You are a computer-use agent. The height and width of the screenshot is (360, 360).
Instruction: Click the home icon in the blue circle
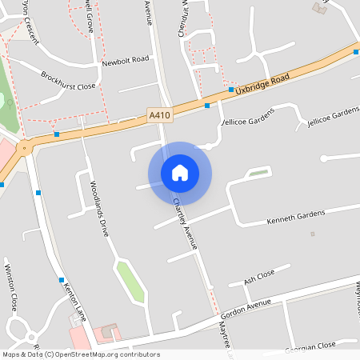180,173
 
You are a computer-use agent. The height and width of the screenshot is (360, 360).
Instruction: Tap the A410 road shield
160,116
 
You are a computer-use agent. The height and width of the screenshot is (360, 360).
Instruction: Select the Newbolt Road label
126,60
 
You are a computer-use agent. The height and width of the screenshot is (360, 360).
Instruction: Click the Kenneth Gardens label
296,215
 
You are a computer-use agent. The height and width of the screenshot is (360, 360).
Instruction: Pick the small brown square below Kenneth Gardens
312,234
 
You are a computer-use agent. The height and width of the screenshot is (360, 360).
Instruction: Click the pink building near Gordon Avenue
106,332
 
